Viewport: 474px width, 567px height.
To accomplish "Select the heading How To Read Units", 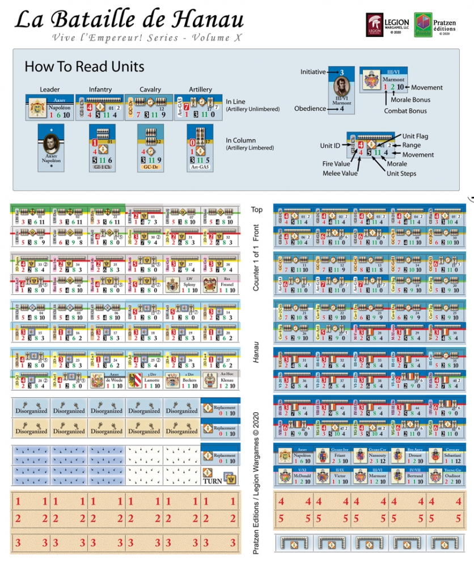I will (84, 66).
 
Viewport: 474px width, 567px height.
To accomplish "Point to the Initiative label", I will (313, 72).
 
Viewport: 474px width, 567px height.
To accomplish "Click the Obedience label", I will (309, 108).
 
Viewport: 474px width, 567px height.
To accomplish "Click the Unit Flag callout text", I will (416, 137).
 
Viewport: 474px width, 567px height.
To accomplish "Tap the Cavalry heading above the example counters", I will (150, 90).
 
